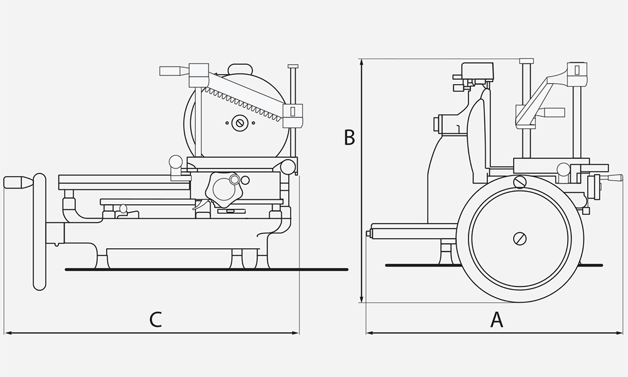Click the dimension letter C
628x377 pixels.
[156, 320]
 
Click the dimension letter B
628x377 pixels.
[350, 138]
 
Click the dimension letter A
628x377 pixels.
[497, 320]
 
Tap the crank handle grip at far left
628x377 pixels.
[17, 182]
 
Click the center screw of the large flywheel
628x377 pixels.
[519, 238]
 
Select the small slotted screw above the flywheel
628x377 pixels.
[519, 182]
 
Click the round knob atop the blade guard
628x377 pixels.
[239, 68]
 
